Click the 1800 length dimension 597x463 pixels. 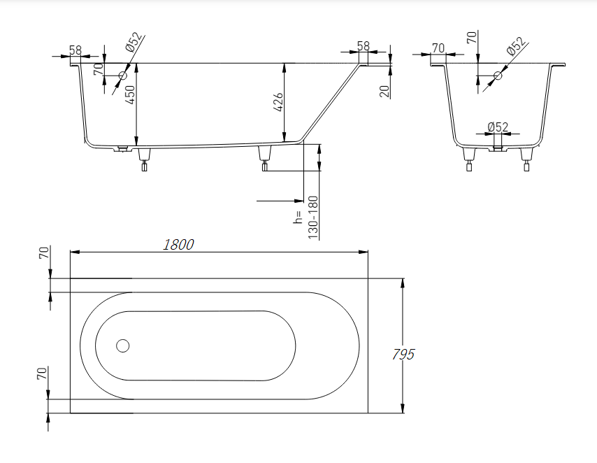178,244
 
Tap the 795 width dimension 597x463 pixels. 403,354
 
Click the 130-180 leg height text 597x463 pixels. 313,218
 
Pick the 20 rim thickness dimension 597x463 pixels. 384,90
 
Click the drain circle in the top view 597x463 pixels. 123,346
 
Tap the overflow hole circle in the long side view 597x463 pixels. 123,75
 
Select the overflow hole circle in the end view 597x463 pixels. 498,75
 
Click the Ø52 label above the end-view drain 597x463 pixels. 498,127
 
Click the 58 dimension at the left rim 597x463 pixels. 75,50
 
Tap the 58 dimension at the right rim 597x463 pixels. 363,46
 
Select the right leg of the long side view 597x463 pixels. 265,157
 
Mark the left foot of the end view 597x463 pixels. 468,159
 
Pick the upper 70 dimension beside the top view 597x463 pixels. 43,253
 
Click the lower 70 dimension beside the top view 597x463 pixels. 43,374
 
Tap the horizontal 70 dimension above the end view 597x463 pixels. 438,48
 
